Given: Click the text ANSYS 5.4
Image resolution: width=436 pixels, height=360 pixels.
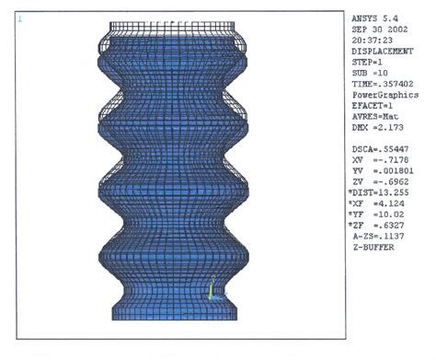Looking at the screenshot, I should [374, 18].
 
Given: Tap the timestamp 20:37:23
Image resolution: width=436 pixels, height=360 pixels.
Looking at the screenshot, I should [372, 41].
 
